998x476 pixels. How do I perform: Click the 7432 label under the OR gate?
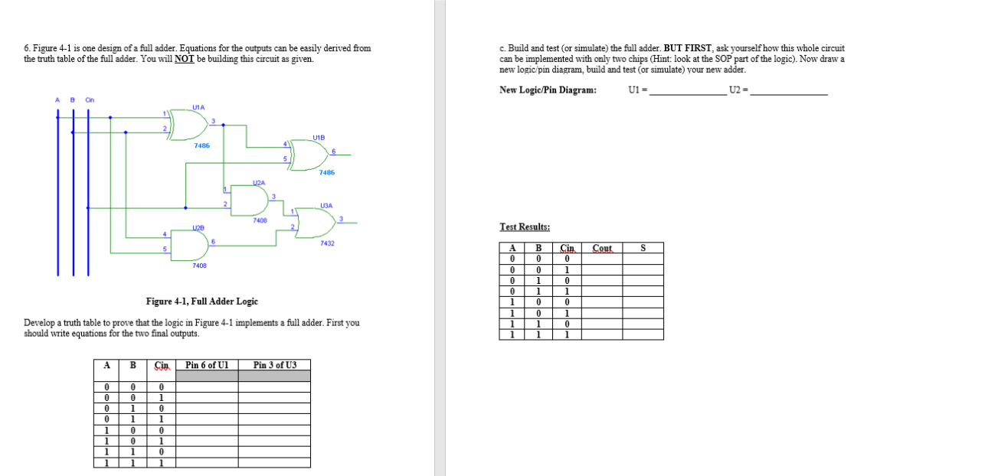pos(327,243)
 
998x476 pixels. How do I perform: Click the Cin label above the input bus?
pos(90,100)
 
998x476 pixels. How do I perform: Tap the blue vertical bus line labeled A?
pos(57,191)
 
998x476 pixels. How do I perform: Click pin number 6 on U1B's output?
pos(334,151)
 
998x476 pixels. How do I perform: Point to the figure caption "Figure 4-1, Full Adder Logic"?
pos(202,302)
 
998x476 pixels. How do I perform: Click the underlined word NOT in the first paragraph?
pos(184,59)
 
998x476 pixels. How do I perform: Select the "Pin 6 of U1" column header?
pos(207,365)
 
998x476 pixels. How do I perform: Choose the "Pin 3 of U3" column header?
pos(274,365)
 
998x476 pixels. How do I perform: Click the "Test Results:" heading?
pos(525,227)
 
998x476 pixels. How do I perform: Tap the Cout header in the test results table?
pos(603,248)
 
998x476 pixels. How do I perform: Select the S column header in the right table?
pos(643,248)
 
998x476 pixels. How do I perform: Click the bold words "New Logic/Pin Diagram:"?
pos(548,90)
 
